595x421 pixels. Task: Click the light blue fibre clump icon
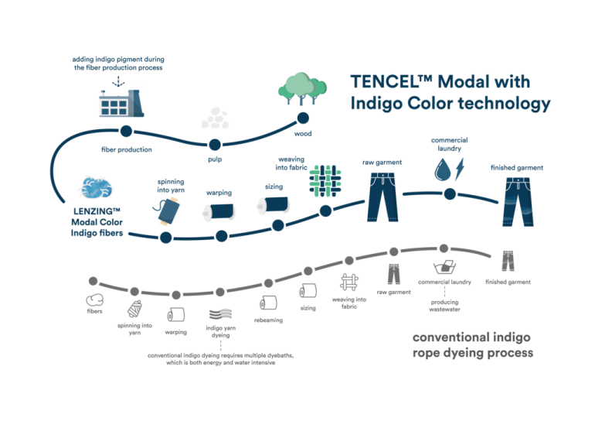(96, 188)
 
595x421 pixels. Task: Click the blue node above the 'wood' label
(304, 118)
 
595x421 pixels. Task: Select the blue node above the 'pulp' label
(214, 144)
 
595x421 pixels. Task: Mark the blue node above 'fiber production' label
(126, 131)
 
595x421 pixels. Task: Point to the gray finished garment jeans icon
(508, 261)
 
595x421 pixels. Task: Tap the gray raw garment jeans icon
(394, 273)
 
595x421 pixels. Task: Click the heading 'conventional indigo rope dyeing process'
(471, 345)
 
